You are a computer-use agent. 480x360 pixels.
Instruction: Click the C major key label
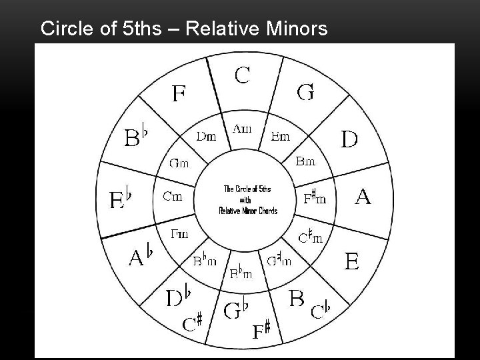(242, 74)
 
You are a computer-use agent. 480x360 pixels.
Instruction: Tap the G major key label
(305, 92)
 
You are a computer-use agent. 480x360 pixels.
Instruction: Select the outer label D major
(349, 139)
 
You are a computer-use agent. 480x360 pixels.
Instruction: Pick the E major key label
(351, 260)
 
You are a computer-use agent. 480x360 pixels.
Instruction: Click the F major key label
(179, 93)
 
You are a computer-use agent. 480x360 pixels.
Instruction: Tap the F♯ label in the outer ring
(261, 330)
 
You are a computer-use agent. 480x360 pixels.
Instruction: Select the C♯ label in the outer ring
(193, 323)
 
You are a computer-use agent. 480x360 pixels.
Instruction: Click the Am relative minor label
(242, 128)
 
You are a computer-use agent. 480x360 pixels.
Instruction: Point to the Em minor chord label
(281, 137)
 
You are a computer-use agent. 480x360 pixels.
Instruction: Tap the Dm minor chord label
(206, 137)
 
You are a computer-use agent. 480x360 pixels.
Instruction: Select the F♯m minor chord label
(315, 197)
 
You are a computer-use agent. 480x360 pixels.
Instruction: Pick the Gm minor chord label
(178, 163)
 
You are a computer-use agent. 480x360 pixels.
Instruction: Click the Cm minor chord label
(173, 197)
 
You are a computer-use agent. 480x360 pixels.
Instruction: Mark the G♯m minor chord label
(279, 261)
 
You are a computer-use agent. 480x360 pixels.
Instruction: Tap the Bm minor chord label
(305, 161)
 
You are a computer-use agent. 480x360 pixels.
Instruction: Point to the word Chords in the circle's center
(265, 211)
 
